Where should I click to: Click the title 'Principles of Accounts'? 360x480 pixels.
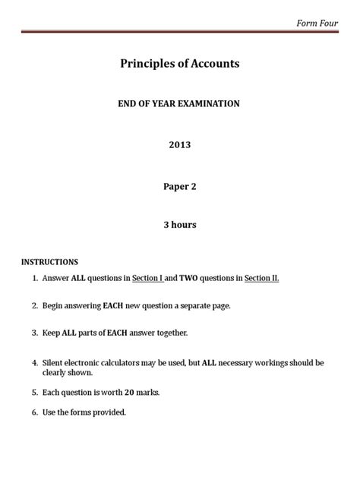point(180,64)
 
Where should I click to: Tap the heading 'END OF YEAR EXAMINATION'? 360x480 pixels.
point(180,103)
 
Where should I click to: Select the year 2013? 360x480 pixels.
point(180,144)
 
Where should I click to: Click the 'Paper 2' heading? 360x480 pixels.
point(180,184)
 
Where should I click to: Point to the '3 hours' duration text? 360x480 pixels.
point(180,224)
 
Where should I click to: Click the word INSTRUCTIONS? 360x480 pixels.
point(50,262)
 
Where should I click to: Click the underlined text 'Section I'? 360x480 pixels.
point(148,278)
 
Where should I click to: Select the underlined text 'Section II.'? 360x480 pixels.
point(262,278)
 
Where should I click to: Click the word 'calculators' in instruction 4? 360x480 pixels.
point(131,362)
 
